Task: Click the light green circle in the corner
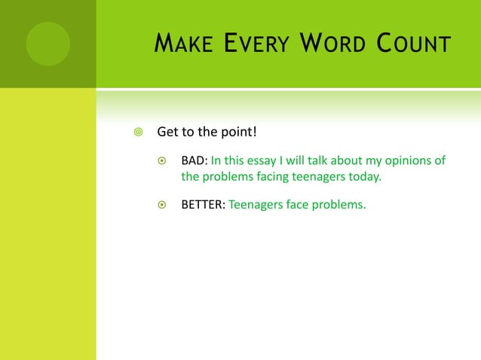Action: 47,43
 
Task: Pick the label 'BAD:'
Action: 194,160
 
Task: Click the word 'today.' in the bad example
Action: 363,178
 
